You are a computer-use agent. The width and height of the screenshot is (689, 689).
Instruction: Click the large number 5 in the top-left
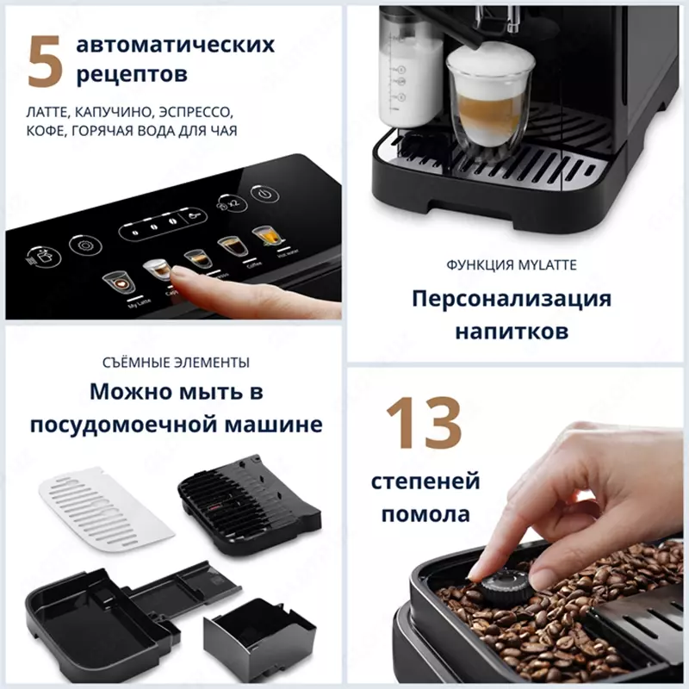[x=44, y=62]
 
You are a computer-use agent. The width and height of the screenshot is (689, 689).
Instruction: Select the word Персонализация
[x=511, y=299]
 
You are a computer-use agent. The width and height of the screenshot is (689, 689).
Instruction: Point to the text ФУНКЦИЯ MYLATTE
[x=511, y=265]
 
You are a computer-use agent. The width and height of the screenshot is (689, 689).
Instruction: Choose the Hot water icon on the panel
[x=262, y=236]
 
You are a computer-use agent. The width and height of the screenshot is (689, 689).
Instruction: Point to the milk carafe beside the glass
[x=408, y=73]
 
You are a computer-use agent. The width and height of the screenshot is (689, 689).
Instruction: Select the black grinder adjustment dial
[x=496, y=589]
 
